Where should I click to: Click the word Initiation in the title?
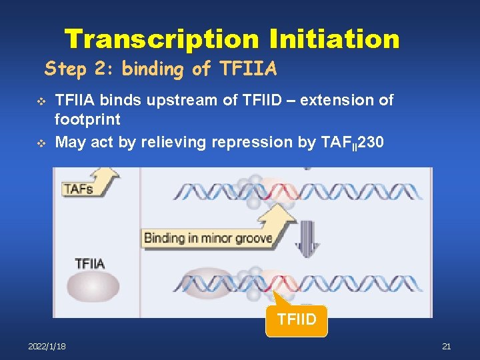(x=334, y=39)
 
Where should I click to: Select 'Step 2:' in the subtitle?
(x=71, y=69)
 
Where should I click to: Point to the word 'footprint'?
(x=87, y=120)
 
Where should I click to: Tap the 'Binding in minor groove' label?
(x=207, y=238)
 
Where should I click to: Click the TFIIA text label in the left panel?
(x=90, y=263)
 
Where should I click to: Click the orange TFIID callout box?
(x=296, y=321)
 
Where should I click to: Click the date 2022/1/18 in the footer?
(x=47, y=346)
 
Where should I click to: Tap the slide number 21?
(x=446, y=346)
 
